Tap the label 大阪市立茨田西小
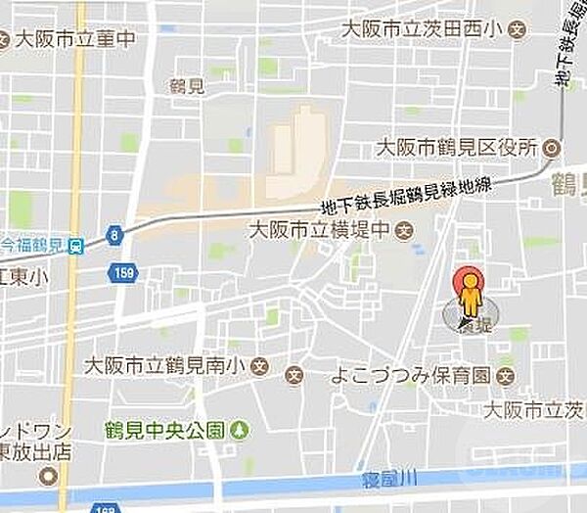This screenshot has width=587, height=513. [421, 30]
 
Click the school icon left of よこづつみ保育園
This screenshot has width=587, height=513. [294, 375]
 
